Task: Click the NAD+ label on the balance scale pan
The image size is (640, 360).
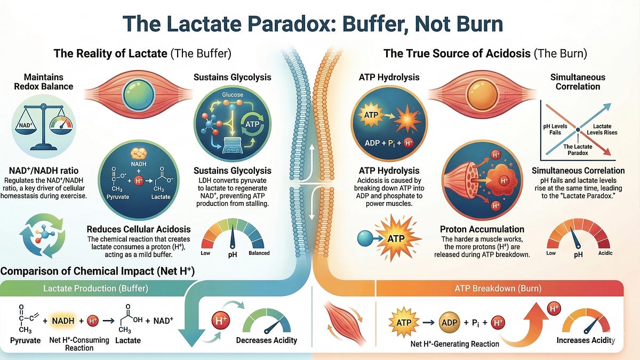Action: tap(25, 125)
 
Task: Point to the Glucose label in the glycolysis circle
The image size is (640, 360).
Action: tap(233, 94)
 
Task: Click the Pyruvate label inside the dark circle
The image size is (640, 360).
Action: tap(118, 197)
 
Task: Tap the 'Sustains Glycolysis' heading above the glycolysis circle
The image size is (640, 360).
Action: tap(233, 77)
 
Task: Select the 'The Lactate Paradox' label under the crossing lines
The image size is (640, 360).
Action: tap(578, 150)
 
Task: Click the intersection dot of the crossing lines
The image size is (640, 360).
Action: tap(578, 130)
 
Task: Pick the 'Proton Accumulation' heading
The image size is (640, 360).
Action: tap(482, 229)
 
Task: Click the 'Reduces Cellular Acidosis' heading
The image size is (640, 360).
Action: tap(139, 229)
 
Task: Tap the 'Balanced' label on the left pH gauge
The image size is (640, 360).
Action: tap(259, 253)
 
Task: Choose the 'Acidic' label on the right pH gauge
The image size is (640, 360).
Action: tap(605, 253)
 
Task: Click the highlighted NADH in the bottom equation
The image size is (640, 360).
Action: tap(63, 321)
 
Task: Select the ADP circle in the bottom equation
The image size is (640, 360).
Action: tap(450, 323)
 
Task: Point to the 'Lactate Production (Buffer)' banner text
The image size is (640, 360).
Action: tap(95, 289)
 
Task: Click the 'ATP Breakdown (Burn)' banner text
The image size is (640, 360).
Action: tap(498, 289)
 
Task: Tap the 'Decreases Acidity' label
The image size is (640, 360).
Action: tap(267, 340)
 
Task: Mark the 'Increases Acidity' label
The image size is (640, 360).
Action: tap(586, 340)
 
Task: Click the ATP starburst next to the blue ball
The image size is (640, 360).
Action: tap(396, 238)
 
